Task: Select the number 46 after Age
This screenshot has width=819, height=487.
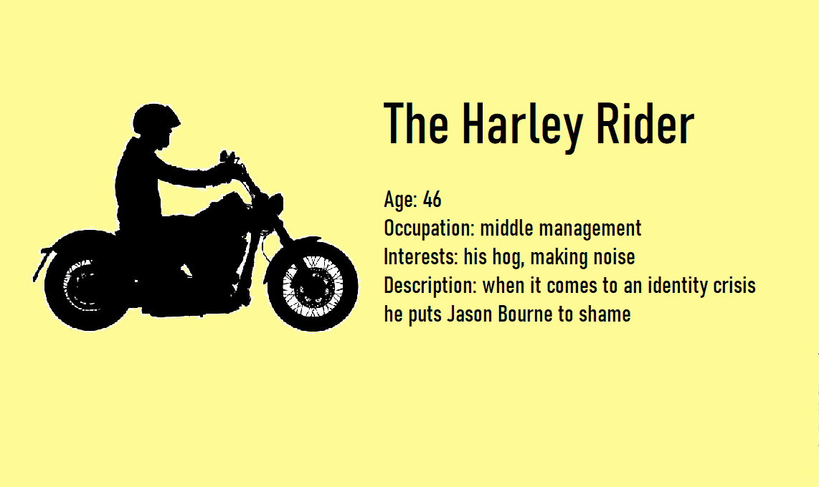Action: pos(432,199)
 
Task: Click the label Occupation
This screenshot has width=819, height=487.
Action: pos(430,228)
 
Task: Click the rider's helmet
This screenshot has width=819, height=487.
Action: pos(155,120)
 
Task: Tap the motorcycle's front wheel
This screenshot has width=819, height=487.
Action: pos(313,286)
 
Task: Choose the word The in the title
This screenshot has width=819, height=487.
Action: pos(416,123)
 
